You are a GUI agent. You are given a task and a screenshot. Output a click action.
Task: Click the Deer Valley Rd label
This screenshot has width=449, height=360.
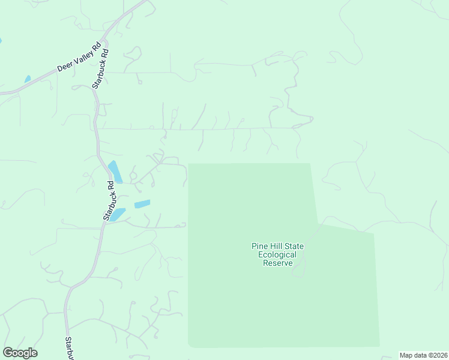[78, 58]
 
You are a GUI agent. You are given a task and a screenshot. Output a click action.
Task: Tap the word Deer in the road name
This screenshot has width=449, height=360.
[64, 65]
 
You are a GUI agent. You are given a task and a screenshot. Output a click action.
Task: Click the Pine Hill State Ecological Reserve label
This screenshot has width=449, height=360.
[278, 254]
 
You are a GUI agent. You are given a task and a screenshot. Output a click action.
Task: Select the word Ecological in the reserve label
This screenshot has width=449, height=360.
[278, 254]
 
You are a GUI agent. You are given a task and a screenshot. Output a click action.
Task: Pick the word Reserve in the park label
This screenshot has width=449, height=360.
[278, 263]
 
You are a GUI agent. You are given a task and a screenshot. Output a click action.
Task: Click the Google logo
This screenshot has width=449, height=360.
[20, 353]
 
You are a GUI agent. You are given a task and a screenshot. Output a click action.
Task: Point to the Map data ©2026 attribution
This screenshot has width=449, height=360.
[424, 355]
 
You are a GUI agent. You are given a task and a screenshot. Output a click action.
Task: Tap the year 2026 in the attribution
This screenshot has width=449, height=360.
[439, 355]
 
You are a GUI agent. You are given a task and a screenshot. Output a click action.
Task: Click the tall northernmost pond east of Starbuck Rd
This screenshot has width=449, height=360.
[115, 172]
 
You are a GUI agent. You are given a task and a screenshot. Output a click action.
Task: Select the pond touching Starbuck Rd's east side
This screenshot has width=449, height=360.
[116, 214]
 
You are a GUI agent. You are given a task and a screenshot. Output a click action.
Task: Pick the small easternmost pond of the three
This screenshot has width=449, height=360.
[142, 204]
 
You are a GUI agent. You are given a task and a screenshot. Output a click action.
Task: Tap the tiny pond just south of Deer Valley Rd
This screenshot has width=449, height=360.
[28, 79]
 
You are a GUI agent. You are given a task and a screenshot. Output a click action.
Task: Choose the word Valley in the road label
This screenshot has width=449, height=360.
[82, 55]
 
